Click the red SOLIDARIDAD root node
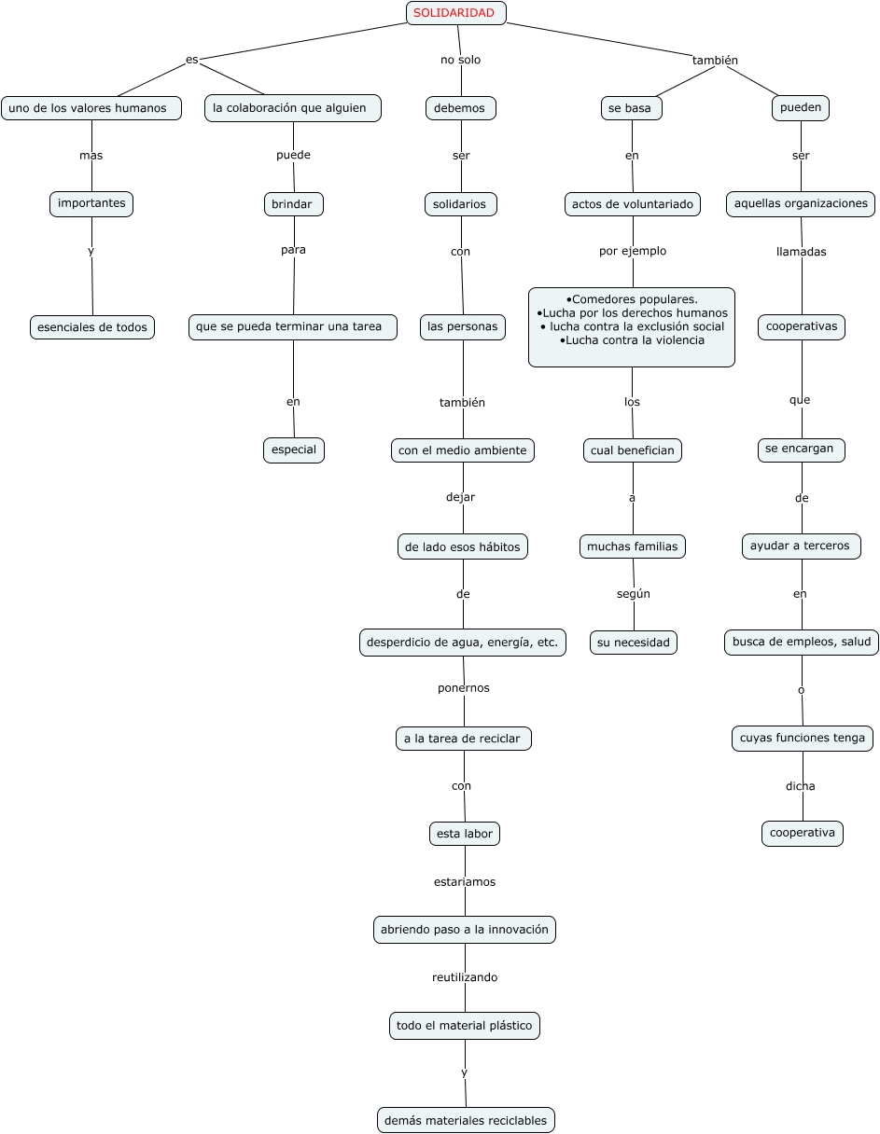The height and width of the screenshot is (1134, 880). (x=455, y=13)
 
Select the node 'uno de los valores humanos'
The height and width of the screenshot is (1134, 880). (x=91, y=108)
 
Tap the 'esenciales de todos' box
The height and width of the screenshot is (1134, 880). (x=92, y=327)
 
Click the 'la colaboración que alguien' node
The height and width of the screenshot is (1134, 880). (x=292, y=108)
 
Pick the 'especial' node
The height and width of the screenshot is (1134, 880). (x=294, y=449)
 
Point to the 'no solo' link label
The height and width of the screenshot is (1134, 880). (x=461, y=60)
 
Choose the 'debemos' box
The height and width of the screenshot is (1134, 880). (x=461, y=108)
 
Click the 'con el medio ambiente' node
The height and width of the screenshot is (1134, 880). (x=463, y=450)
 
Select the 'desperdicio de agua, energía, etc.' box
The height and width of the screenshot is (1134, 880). (x=463, y=643)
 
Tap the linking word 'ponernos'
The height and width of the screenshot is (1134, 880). (x=464, y=688)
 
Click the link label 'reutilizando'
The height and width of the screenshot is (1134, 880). (x=465, y=977)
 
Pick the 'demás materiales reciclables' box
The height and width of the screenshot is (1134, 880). (x=466, y=1120)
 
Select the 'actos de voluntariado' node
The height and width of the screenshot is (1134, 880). (x=633, y=204)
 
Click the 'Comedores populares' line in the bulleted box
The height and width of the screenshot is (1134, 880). (x=633, y=299)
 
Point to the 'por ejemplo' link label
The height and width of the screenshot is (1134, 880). (x=633, y=251)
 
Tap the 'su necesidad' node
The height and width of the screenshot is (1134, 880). (x=634, y=643)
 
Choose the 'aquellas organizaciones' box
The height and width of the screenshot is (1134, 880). (x=801, y=203)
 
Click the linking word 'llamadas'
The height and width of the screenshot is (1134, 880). (x=802, y=252)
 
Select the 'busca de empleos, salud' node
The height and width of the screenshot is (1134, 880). (x=802, y=643)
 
